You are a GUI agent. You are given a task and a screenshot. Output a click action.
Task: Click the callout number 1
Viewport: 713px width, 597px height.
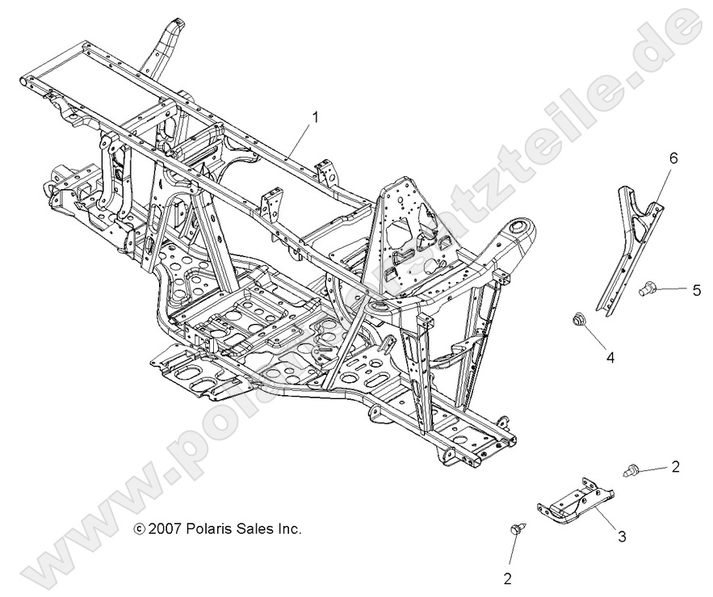315,117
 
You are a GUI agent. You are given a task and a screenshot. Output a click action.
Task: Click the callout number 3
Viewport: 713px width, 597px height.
621,535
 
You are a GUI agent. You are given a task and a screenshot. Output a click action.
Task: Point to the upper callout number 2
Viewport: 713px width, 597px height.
675,466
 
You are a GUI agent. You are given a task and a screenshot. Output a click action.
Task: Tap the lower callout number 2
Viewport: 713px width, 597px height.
507,578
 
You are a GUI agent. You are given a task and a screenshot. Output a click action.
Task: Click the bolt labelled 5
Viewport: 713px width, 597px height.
648,287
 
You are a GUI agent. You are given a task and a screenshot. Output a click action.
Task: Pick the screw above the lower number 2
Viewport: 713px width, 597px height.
514,530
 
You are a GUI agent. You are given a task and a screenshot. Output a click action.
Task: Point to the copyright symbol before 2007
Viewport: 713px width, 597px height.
140,530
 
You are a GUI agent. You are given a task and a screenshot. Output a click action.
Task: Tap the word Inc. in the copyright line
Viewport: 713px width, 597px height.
291,530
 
